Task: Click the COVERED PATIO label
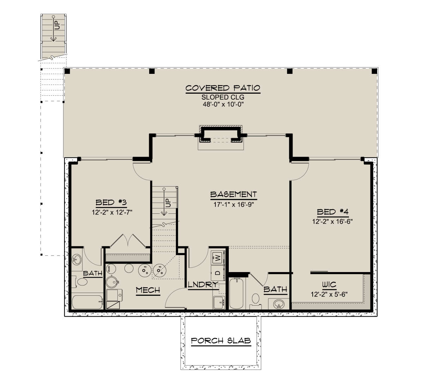coord(223,88)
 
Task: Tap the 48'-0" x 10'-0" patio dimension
coord(223,104)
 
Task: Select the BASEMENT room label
coord(233,194)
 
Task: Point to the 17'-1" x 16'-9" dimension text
coord(233,205)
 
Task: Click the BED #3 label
coord(111,202)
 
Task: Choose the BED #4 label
coord(333,212)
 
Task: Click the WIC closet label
coord(329,284)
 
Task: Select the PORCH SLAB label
coord(221,341)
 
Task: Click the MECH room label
coord(148,290)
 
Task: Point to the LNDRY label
coord(203,284)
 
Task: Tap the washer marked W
coord(218,258)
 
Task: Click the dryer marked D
coord(218,273)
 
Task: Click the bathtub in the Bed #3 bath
coord(87,302)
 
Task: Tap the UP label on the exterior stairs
coord(57,25)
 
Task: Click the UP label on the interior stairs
coord(168,203)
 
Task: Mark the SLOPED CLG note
coord(223,97)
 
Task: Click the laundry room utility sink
coord(219,302)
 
